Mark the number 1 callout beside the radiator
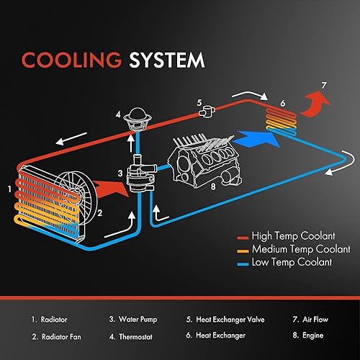(9, 189)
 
